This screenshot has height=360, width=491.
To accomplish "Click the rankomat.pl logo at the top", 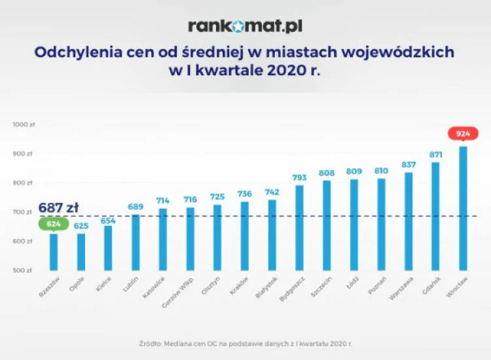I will (245, 26).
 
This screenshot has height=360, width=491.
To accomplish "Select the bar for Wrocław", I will (463, 208).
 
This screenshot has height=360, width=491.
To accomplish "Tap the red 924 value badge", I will (463, 134).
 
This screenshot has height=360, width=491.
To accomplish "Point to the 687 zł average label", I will (58, 207).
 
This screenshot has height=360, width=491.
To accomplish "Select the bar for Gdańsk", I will (435, 216).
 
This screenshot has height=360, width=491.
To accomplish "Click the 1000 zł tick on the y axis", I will (22, 124).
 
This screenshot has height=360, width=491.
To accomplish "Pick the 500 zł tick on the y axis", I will (22, 270).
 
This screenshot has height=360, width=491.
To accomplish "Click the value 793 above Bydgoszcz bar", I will (299, 177).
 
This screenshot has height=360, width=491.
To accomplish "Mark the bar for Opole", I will (81, 252).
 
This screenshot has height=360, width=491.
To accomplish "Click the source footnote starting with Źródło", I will (245, 342).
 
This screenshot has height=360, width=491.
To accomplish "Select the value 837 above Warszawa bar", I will (409, 164).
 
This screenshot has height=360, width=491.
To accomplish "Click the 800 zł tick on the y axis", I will (22, 183).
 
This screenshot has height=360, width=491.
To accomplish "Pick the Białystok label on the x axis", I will (265, 287).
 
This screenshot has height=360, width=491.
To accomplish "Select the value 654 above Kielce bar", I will (108, 221).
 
